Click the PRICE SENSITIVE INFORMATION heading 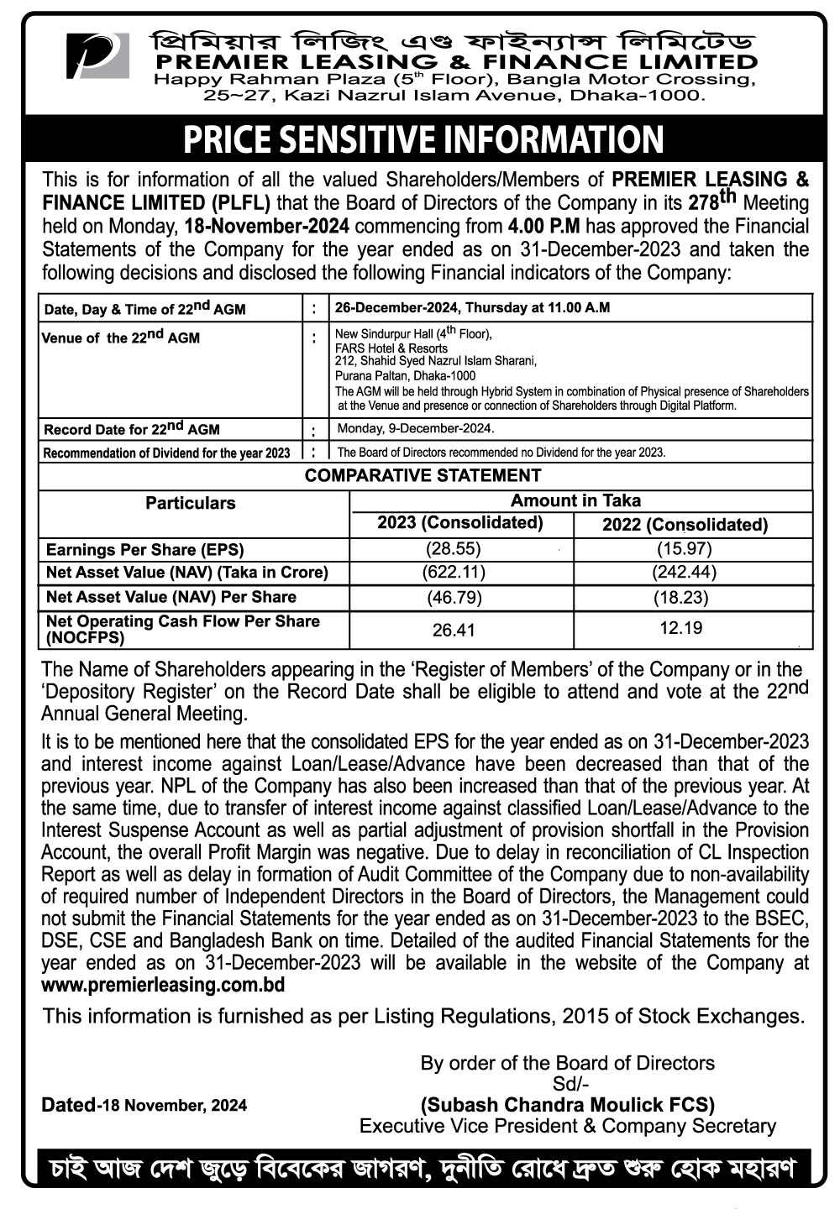(x=423, y=139)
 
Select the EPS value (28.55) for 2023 (x=454, y=549)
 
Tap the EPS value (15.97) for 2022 (x=684, y=549)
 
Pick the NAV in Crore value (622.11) (x=454, y=573)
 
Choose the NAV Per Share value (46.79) (x=454, y=598)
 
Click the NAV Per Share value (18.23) (x=681, y=598)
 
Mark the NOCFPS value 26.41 (x=454, y=629)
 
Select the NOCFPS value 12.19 (x=680, y=628)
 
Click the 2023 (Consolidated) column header (x=460, y=523)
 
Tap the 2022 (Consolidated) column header (x=685, y=525)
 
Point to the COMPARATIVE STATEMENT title (x=423, y=476)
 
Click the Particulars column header (x=191, y=503)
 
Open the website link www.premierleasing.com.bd (x=163, y=985)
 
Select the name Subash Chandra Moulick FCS (x=568, y=1104)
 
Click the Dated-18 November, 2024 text (x=144, y=1105)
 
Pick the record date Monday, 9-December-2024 (x=415, y=429)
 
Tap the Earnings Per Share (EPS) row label (x=144, y=550)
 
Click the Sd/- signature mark (x=568, y=1083)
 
